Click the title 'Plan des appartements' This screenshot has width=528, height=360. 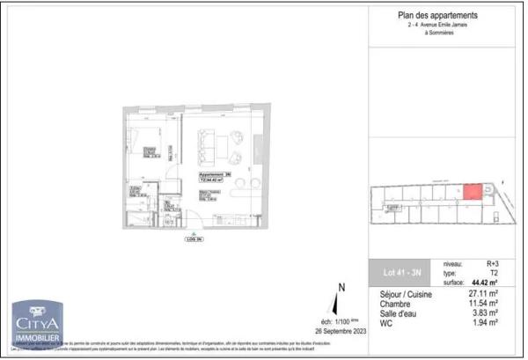click(438, 16)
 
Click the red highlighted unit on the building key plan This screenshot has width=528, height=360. click(473, 193)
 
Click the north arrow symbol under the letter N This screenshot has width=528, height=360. click(341, 305)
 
